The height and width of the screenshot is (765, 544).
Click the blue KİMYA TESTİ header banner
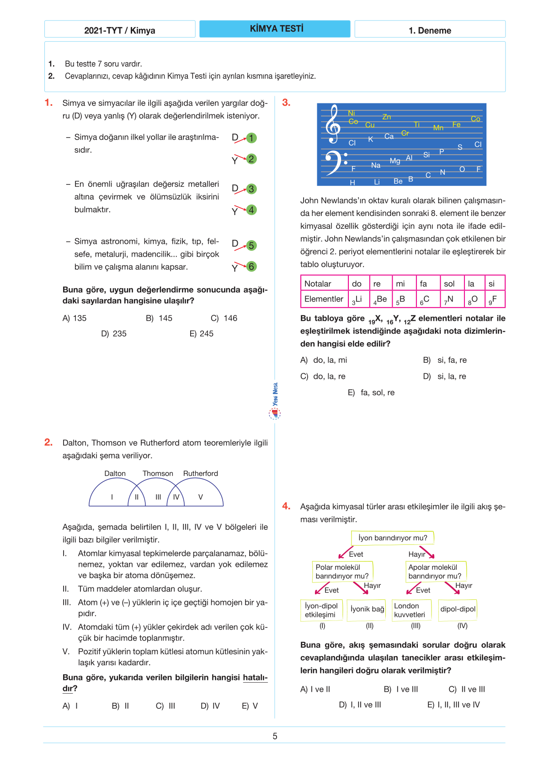tap(275, 29)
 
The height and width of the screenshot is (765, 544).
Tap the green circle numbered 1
tap(251, 138)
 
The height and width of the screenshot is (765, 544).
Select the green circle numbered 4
tap(251, 210)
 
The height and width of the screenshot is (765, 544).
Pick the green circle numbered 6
tap(251, 266)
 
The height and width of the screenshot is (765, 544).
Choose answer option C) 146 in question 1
tap(224, 318)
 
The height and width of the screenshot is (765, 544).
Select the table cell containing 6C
tap(427, 299)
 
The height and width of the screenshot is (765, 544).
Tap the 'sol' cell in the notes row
tap(451, 284)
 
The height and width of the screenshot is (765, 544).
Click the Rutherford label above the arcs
tap(200, 474)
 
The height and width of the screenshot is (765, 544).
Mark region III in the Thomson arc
tap(158, 497)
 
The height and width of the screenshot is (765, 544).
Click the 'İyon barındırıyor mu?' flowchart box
tap(392, 538)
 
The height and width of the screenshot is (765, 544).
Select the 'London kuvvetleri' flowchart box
tap(410, 610)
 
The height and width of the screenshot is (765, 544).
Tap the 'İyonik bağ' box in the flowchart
tap(367, 609)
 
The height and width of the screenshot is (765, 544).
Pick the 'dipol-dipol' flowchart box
tap(458, 609)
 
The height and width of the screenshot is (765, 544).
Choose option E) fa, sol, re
tap(371, 393)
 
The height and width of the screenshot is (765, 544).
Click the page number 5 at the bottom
tap(275, 736)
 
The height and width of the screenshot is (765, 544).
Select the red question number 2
tap(48, 442)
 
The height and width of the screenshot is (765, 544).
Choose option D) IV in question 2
tap(210, 706)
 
